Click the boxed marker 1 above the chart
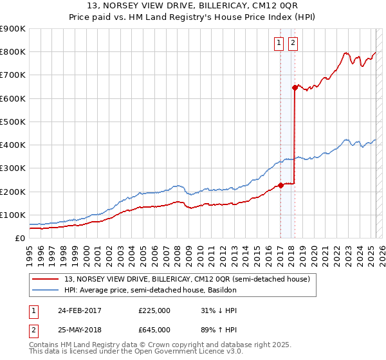[x=279, y=43]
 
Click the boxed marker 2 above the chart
[x=293, y=43]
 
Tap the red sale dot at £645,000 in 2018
[x=295, y=87]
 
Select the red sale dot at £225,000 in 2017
[x=280, y=186]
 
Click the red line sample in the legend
[x=46, y=279]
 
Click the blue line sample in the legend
[x=46, y=290]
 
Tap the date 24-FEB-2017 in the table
[x=80, y=310]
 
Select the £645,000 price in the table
[x=154, y=329]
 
